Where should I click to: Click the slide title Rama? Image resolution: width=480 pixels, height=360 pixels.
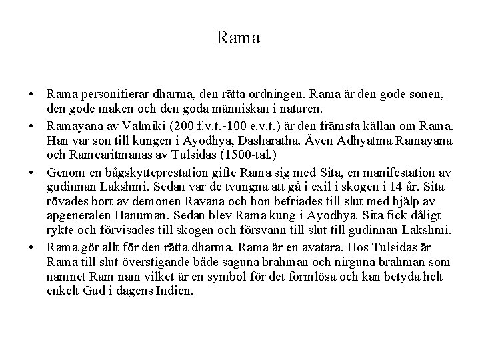tap(239, 38)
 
